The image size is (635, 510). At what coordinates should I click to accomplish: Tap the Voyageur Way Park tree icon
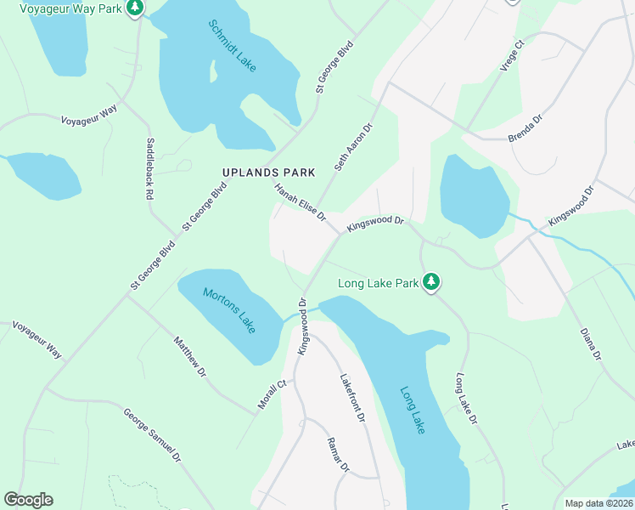pos(135,8)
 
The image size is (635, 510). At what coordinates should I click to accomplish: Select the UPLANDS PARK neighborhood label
pos(268,173)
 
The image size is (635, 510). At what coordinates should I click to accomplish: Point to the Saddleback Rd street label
pos(149,168)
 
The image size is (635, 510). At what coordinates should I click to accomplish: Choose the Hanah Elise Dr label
pos(300,202)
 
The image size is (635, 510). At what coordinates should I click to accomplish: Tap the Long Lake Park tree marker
pos(431,281)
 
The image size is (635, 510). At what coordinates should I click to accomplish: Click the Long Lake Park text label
pos(379,283)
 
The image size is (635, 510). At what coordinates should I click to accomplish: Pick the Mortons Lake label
pos(229,310)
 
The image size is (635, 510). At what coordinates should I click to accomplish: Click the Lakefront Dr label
pos(352,399)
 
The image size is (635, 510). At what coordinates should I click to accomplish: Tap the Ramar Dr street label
pos(338,455)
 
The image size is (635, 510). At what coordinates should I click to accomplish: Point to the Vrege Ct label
pos(514,55)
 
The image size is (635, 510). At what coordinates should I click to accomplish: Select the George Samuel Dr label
pos(153,436)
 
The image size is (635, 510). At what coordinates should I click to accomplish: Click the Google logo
pos(28,500)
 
